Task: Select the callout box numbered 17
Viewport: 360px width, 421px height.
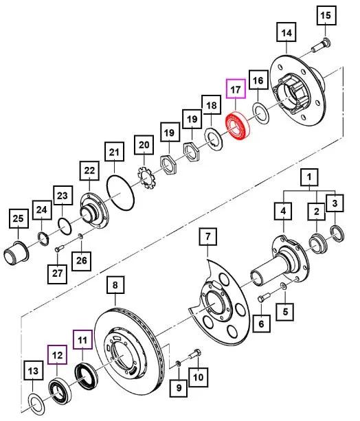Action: [x=236, y=90]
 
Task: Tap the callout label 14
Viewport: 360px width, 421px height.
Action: [x=286, y=33]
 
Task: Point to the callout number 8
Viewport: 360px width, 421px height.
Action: [x=115, y=284]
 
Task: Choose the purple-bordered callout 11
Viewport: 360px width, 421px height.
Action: [x=82, y=339]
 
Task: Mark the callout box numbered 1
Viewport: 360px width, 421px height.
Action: [x=311, y=180]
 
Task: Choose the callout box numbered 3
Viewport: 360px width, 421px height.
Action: [x=335, y=203]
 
